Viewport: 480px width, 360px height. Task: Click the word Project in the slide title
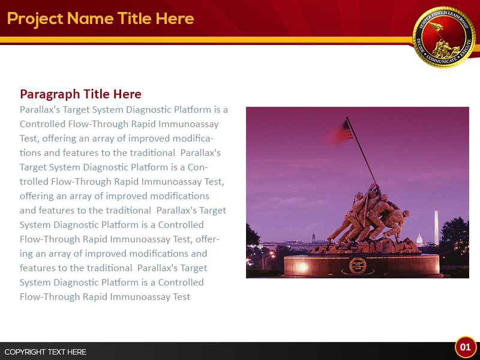(x=35, y=19)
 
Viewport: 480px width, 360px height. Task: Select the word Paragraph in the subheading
(x=50, y=94)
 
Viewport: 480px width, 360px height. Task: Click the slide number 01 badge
(x=466, y=347)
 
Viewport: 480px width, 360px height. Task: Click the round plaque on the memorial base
(x=358, y=265)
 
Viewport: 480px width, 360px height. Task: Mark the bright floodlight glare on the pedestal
(x=301, y=266)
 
